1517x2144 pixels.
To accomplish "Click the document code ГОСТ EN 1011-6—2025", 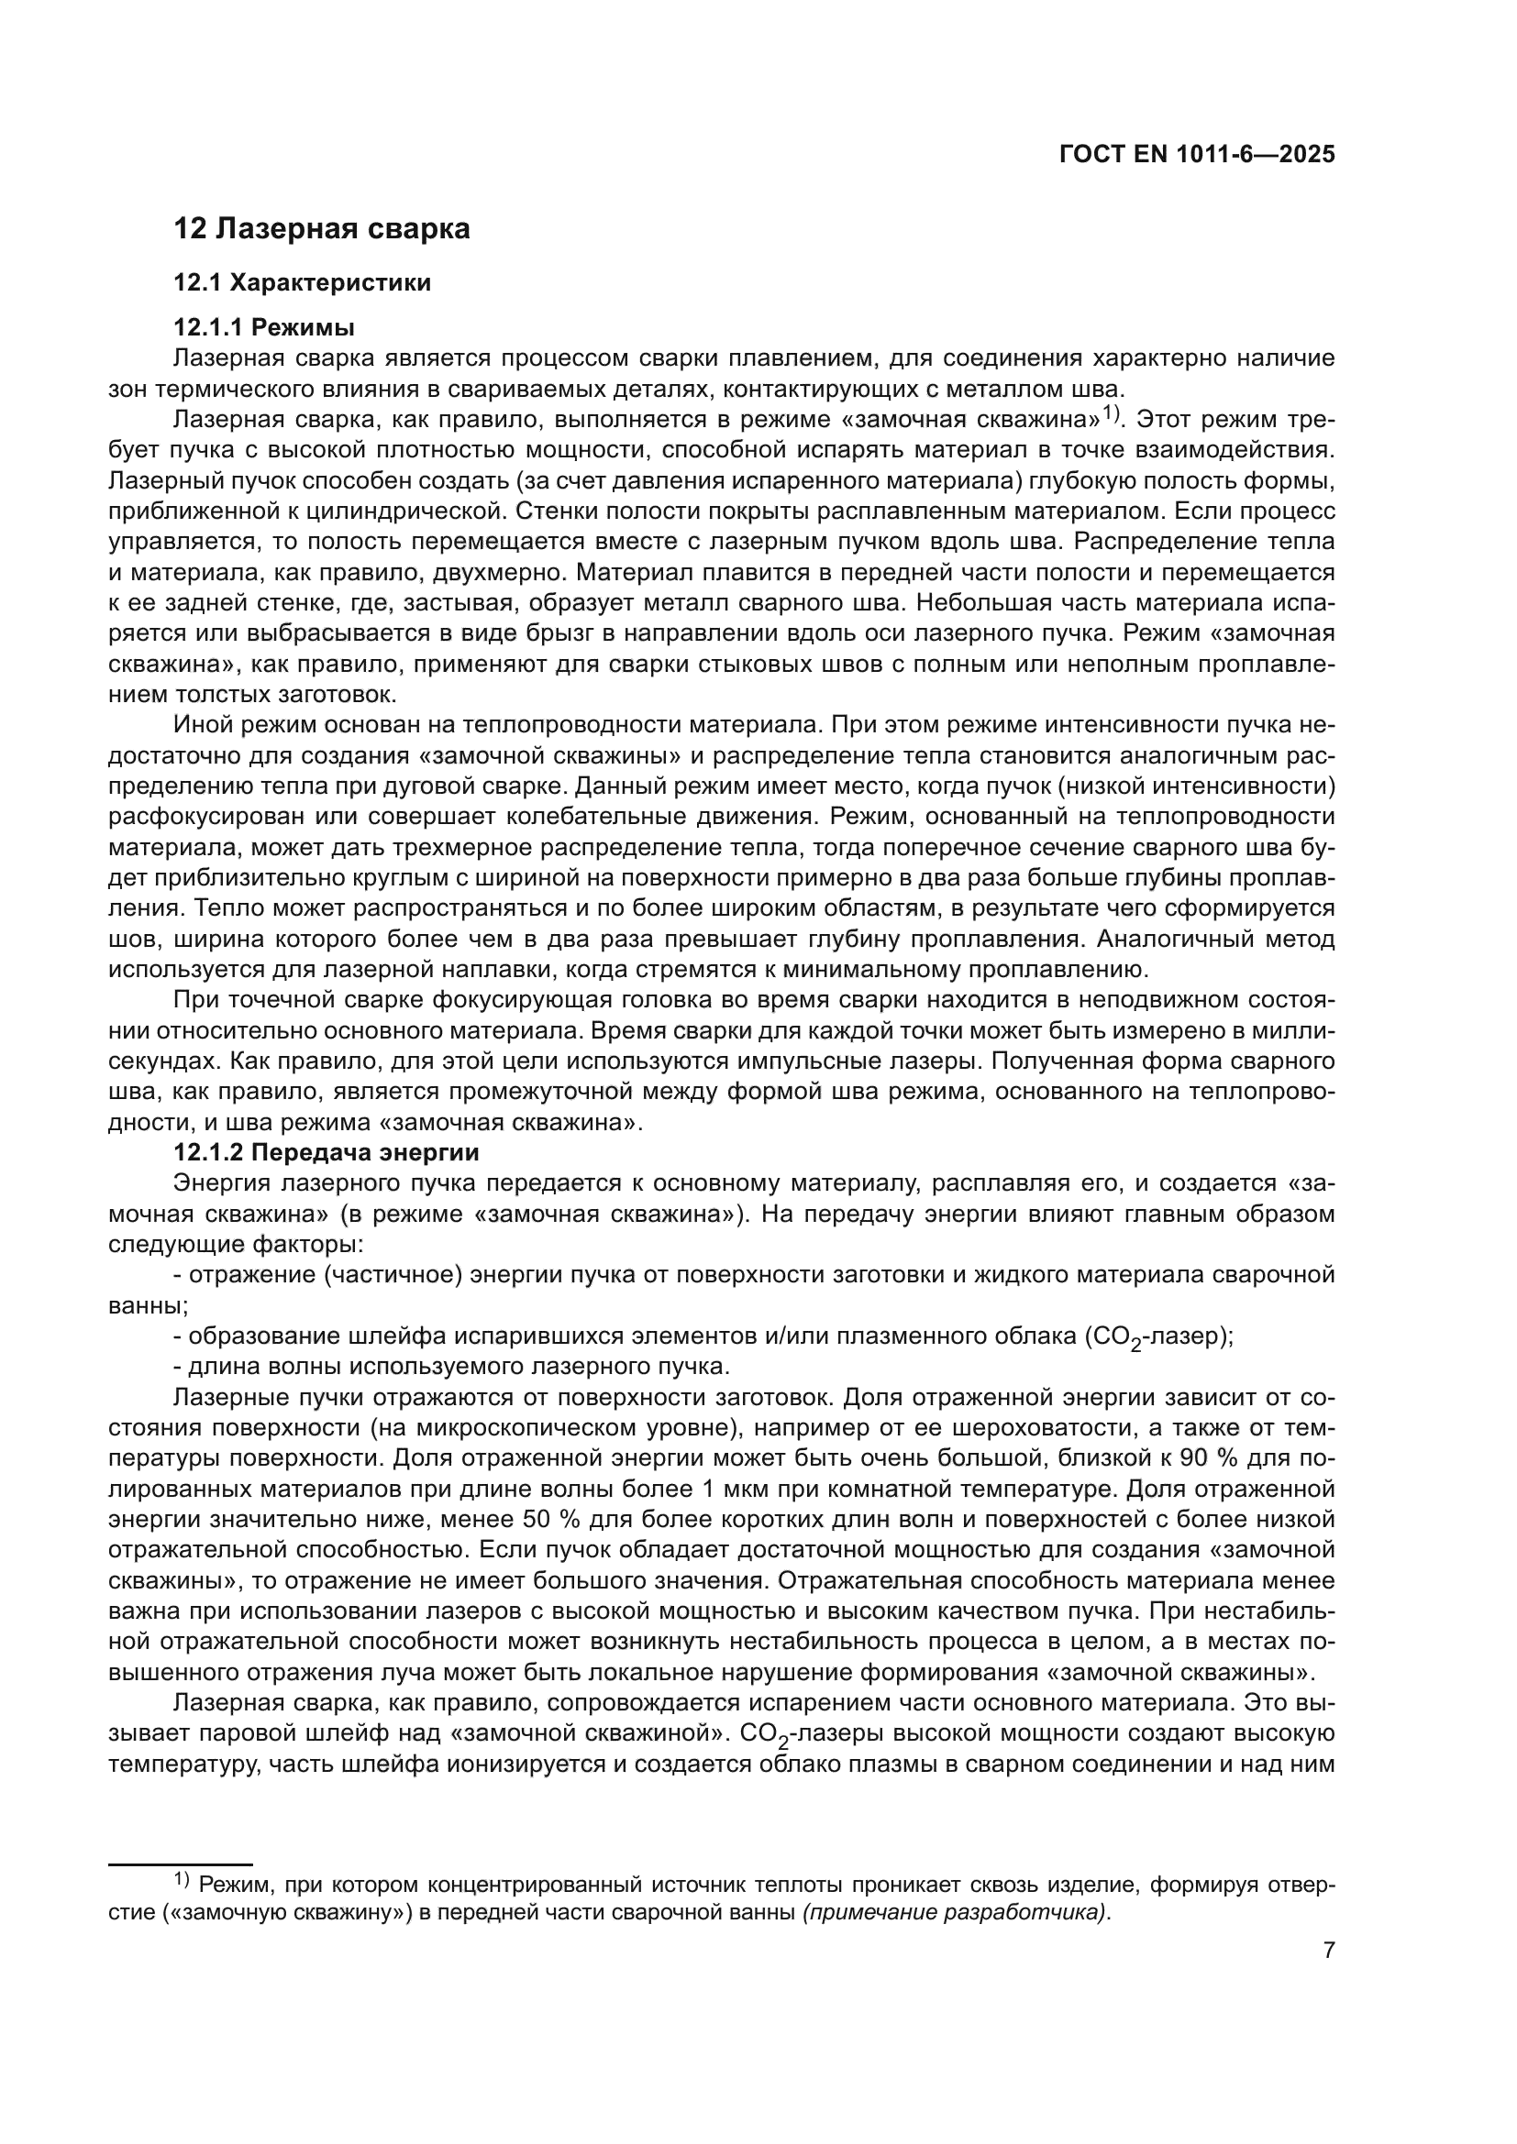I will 1197,155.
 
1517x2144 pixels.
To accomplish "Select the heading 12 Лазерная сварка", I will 322,229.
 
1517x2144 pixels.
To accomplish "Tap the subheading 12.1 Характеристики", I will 303,283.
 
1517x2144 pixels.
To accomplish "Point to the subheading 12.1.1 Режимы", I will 264,328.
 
